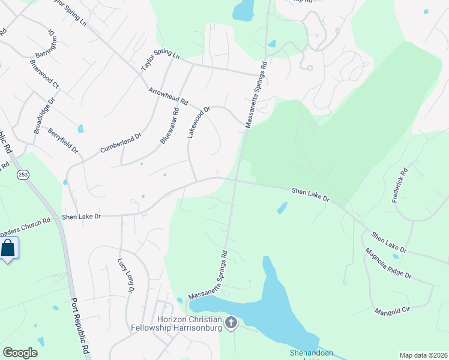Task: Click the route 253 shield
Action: coord(23,174)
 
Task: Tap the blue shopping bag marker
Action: coord(8,248)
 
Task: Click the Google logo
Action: coord(20,353)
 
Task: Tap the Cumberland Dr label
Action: coord(120,142)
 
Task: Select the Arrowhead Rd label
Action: coord(169,96)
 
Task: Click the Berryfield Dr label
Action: coord(63,140)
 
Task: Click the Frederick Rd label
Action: coord(400,185)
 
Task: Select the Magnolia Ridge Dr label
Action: coord(388,265)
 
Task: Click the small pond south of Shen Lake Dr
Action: coord(282,208)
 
